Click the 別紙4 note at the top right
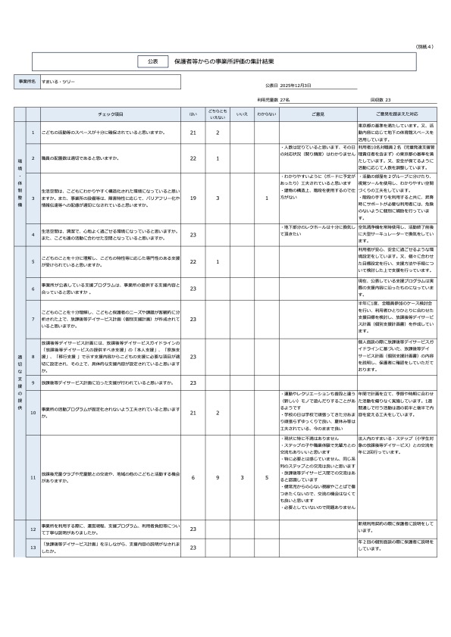coord(424,47)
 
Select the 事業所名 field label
coord(26,80)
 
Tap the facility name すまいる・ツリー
coord(58,80)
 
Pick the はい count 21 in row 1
coord(193,133)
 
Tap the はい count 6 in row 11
coord(193,478)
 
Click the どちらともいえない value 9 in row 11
coord(218,478)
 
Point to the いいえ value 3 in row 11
coord(242,478)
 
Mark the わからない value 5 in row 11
coord(266,478)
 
